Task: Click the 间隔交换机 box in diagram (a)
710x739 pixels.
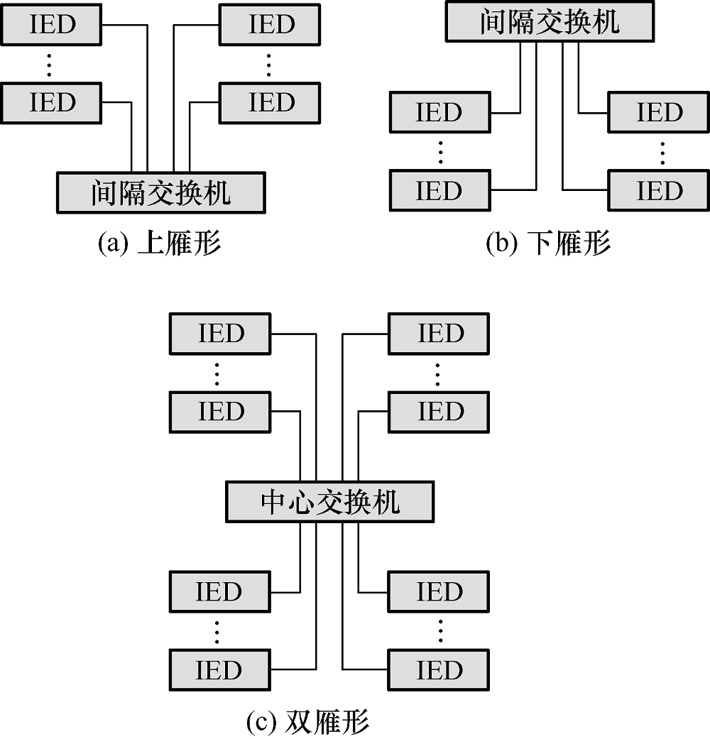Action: click(x=160, y=192)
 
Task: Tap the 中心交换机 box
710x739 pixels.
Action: click(x=330, y=502)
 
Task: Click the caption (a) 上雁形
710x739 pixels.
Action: click(x=159, y=243)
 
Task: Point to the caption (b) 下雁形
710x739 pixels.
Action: click(x=548, y=243)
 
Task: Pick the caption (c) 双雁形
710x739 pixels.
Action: click(x=307, y=722)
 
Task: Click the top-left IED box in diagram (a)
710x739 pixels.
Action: click(x=53, y=25)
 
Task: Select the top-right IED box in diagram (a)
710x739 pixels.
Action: click(x=271, y=25)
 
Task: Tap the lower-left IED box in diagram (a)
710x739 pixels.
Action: click(x=53, y=102)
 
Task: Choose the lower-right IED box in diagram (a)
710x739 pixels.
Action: click(x=271, y=102)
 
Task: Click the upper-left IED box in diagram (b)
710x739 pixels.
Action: click(x=439, y=112)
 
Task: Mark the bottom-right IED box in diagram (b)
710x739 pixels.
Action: click(x=659, y=190)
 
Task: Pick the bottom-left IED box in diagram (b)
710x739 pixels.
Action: click(x=439, y=190)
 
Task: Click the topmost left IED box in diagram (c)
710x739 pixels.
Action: click(x=220, y=333)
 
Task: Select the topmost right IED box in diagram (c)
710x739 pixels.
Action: click(x=438, y=333)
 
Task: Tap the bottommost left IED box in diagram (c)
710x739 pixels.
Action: click(x=220, y=669)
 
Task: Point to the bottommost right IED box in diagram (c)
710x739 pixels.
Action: click(x=438, y=669)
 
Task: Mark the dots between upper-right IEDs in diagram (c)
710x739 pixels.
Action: click(x=438, y=372)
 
